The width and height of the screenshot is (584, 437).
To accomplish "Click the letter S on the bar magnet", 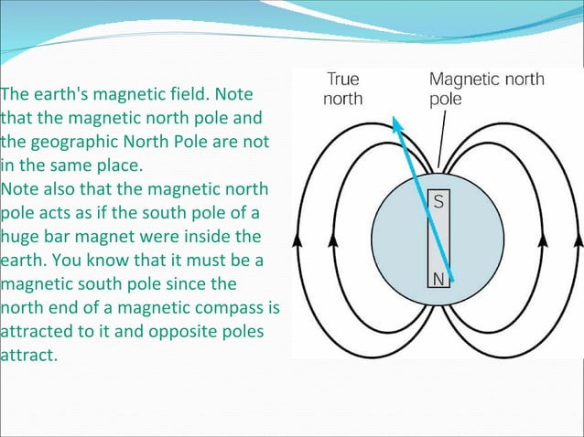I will (438, 202).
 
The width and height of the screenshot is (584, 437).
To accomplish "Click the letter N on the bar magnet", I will (438, 281).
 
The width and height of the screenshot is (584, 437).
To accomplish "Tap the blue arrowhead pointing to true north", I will (396, 123).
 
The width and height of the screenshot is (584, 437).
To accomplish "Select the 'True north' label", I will (343, 89).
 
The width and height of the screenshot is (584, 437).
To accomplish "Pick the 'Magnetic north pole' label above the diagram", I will (485, 88).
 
